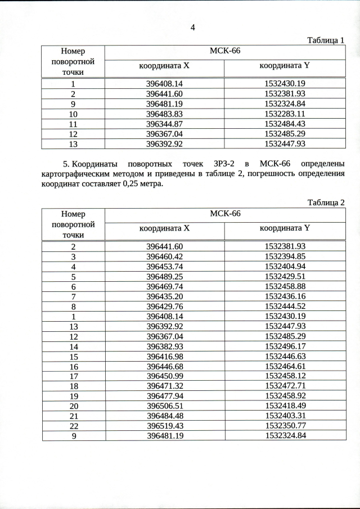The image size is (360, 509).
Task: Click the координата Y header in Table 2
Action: [285, 229]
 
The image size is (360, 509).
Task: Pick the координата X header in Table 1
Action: [165, 66]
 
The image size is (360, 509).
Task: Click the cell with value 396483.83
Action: [165, 114]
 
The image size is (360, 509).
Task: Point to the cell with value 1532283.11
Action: [285, 114]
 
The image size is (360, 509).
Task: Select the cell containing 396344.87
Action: [165, 124]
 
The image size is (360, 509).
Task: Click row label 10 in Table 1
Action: [73, 114]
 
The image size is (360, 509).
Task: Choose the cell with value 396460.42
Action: [165, 256]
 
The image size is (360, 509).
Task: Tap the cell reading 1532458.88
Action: [285, 286]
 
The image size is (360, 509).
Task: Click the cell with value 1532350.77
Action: [285, 425]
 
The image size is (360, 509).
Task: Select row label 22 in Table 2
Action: [73, 425]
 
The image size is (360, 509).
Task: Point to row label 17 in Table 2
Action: [73, 376]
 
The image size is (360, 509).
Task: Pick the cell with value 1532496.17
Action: [285, 346]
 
